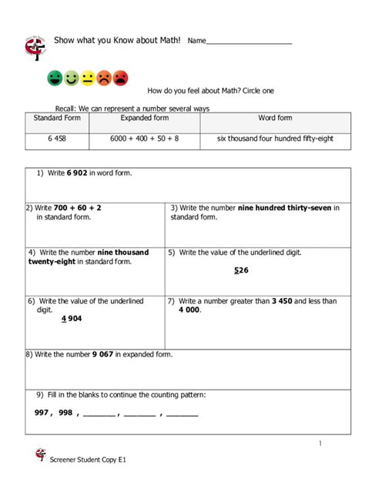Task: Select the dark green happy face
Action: coord(55,78)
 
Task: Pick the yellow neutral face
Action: coord(88,78)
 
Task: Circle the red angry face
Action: coord(121,78)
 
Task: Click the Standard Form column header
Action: coord(57,119)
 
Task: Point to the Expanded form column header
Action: coord(145,119)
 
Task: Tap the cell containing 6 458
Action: coord(57,139)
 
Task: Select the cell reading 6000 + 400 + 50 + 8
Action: coord(145,139)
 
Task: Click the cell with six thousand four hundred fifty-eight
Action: coord(275,139)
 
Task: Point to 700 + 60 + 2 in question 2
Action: coord(78,208)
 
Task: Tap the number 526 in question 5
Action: coord(240,270)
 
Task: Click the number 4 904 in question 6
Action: coord(72,319)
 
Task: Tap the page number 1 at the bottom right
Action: coord(320,443)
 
